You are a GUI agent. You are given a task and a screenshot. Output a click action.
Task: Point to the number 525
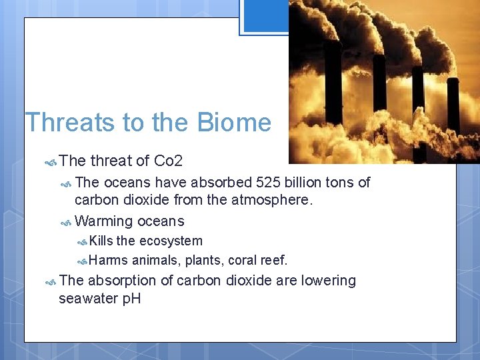tap(267, 183)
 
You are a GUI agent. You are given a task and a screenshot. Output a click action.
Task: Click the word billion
tap(301, 183)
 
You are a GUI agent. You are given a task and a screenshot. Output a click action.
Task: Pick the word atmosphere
tap(269, 200)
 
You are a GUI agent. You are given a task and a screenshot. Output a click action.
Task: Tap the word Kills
tap(101, 241)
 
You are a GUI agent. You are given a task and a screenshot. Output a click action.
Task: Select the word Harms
tap(108, 260)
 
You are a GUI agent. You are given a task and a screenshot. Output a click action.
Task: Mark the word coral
tap(243, 260)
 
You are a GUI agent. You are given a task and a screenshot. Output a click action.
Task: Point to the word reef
tap(275, 260)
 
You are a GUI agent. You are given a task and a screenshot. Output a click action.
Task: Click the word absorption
tap(121, 281)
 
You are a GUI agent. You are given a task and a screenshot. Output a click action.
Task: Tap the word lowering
tap(328, 281)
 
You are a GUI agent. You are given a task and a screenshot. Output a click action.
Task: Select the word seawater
tap(87, 299)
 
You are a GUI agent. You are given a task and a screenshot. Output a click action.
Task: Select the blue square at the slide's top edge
tap(264, 16)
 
